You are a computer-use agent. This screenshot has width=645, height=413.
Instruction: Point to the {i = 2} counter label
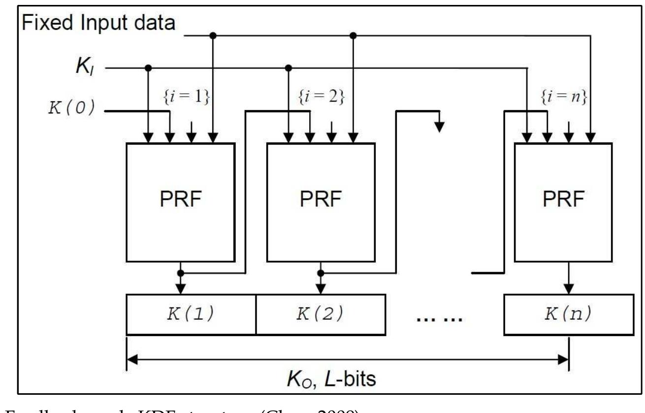coord(321,97)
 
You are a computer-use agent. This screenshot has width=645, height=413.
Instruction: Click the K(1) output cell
coord(191,314)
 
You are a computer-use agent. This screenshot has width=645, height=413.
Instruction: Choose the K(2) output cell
coord(320,314)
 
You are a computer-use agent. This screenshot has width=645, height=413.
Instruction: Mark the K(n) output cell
coord(564,314)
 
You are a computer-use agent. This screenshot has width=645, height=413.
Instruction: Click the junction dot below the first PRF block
coord(181,273)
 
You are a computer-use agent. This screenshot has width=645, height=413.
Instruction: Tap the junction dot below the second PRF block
coord(321,273)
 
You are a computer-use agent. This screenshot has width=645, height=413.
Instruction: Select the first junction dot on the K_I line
coord(147,68)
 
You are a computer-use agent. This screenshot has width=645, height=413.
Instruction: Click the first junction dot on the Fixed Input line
coord(213,35)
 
